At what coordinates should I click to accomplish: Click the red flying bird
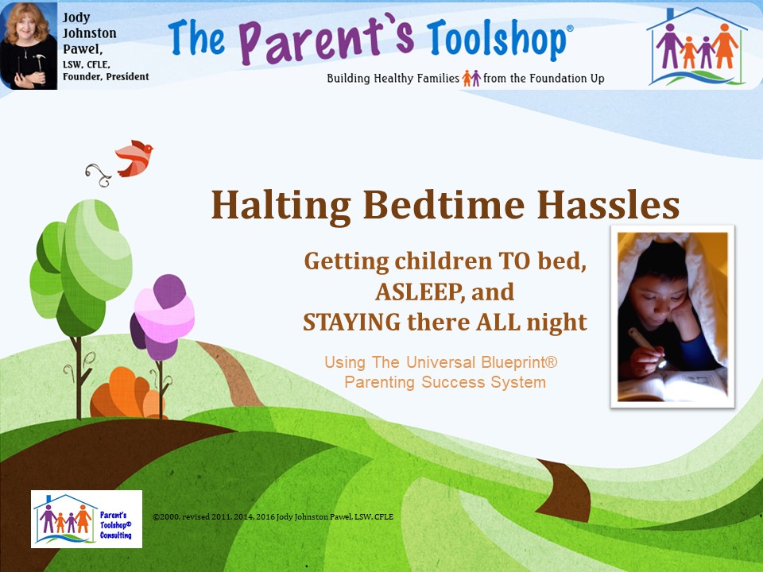pyautogui.click(x=134, y=159)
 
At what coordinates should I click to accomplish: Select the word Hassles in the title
pyautogui.click(x=608, y=205)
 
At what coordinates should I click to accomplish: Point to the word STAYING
pyautogui.click(x=351, y=322)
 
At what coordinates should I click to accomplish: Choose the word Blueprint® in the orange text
pyautogui.click(x=519, y=363)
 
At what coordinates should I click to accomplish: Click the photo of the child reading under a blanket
pyautogui.click(x=672, y=317)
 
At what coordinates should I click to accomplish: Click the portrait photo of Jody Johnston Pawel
pyautogui.click(x=29, y=46)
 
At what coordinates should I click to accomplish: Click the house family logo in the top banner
pyautogui.click(x=696, y=47)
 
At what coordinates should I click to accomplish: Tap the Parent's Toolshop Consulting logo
pyautogui.click(x=87, y=519)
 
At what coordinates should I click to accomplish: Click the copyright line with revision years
pyautogui.click(x=273, y=517)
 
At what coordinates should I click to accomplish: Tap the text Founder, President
pyautogui.click(x=106, y=77)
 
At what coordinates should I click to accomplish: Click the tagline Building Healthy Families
pyautogui.click(x=393, y=79)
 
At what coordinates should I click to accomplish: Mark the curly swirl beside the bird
pyautogui.click(x=99, y=175)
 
